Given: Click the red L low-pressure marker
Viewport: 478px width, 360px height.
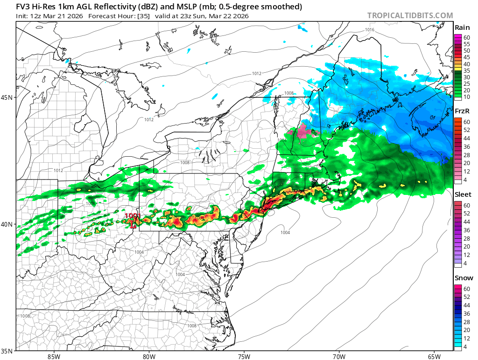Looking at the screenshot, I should [x=134, y=224].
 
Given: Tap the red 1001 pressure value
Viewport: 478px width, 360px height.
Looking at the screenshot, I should [x=133, y=216].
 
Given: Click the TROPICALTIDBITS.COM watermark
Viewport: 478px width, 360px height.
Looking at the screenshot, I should [x=410, y=15].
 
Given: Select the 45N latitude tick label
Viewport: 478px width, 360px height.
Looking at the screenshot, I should [x=7, y=97].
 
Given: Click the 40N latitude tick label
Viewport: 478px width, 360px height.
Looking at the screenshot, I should [x=7, y=224].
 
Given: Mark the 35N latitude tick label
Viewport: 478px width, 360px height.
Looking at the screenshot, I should [x=7, y=351].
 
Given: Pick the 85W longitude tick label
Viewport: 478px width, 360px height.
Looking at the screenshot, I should [x=54, y=357].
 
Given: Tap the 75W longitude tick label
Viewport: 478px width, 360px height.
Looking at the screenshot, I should [x=243, y=357].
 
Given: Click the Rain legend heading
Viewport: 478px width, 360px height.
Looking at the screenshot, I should [x=462, y=28].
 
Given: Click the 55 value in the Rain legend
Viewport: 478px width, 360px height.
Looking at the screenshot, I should [x=466, y=43].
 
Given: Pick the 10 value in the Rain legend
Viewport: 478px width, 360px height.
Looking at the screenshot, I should [x=466, y=97].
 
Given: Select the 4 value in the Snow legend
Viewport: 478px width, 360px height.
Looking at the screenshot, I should [x=465, y=347].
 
